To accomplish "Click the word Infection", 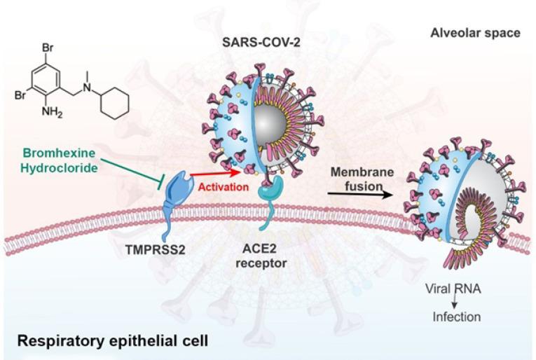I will coord(455,317).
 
